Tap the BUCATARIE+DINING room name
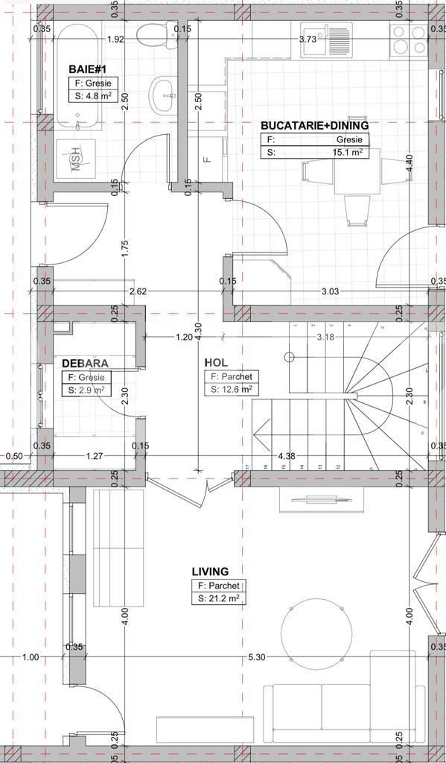[x=314, y=126]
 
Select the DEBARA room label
[x=85, y=363]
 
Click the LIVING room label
[x=210, y=572]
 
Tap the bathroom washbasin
[x=163, y=95]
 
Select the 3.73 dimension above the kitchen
[x=308, y=39]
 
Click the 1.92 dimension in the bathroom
[x=115, y=39]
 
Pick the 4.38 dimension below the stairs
[x=287, y=455]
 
